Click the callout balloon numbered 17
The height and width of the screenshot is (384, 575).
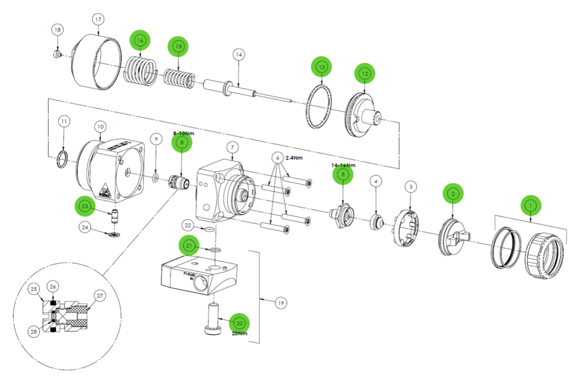coord(98,20)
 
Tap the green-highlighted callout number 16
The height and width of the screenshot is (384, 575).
coord(140,41)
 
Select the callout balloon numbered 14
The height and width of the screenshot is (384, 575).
coord(239,55)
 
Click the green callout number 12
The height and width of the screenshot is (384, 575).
coord(365,73)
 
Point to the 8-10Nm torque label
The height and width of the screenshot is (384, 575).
coord(182,134)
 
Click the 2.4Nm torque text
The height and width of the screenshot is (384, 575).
coord(294,158)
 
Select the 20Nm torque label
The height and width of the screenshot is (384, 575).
coord(240,333)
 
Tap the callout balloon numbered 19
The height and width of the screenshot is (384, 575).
coord(281,303)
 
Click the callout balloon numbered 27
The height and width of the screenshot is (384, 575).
coord(99,295)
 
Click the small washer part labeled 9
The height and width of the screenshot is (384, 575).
coord(155,179)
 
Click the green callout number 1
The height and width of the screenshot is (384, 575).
coord(531,205)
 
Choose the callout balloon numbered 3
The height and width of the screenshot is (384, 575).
coord(411,187)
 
